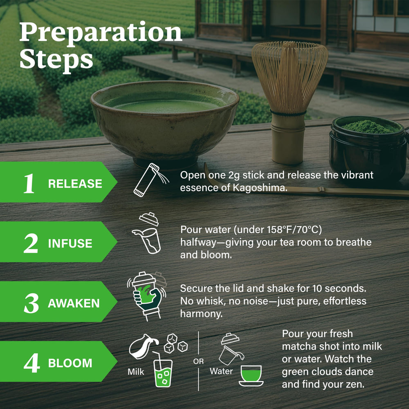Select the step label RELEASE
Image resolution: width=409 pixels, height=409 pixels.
[75, 184]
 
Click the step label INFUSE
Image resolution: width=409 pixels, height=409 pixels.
[70, 243]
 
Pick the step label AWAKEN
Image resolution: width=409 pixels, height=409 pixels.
[74, 303]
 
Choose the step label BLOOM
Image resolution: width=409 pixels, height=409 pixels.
[70, 363]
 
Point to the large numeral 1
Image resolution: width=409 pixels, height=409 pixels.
[29, 183]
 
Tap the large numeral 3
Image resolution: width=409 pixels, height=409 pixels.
[31, 303]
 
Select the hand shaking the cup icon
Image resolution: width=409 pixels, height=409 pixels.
[147, 296]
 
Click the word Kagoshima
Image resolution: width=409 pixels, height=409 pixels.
[260, 188]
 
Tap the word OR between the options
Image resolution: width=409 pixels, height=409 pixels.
[198, 361]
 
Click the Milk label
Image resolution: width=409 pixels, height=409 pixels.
[136, 371]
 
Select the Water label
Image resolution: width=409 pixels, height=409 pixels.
[221, 371]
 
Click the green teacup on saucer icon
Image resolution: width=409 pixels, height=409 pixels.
[251, 375]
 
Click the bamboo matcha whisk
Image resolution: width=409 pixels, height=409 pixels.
[289, 102]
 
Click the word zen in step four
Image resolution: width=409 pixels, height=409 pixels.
[356, 384]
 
